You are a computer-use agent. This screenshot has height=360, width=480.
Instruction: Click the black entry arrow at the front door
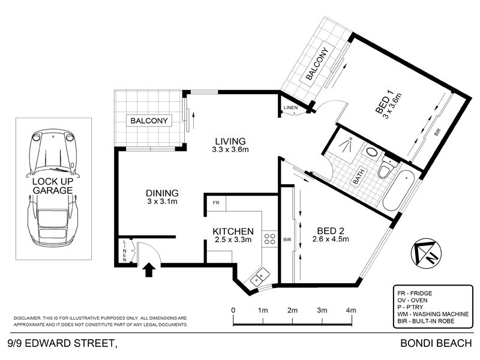pyautogui.click(x=148, y=271)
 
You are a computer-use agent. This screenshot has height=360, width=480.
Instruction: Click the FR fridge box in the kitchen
pyautogui.click(x=215, y=203)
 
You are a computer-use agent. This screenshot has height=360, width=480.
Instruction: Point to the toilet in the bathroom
pyautogui.click(x=385, y=170)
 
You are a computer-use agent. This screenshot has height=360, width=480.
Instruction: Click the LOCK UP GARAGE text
pyautogui.click(x=53, y=185)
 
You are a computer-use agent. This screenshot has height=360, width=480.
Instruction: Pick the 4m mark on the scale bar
pyautogui.click(x=351, y=310)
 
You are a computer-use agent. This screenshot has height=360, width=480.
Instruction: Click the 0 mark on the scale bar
pyautogui.click(x=233, y=310)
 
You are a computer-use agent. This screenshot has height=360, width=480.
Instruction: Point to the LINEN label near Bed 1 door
pyautogui.click(x=290, y=107)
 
